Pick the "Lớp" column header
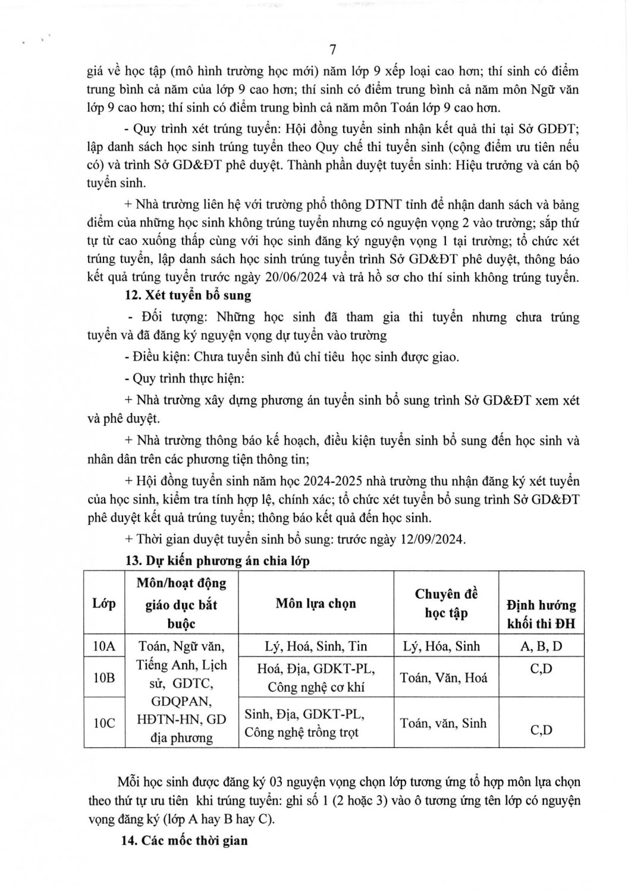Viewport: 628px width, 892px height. [x=104, y=603]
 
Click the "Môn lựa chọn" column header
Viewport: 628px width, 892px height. [x=316, y=603]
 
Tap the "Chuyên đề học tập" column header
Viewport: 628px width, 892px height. [x=446, y=603]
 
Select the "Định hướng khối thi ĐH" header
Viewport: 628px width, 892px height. [x=541, y=614]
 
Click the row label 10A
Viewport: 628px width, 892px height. [x=104, y=646]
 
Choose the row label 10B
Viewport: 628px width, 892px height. [x=104, y=677]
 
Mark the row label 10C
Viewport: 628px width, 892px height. [x=104, y=723]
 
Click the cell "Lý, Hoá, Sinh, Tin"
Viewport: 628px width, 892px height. [x=316, y=646]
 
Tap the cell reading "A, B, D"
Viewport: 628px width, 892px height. [x=541, y=646]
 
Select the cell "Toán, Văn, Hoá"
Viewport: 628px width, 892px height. [x=444, y=677]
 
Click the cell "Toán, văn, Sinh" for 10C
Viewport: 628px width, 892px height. [x=444, y=723]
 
